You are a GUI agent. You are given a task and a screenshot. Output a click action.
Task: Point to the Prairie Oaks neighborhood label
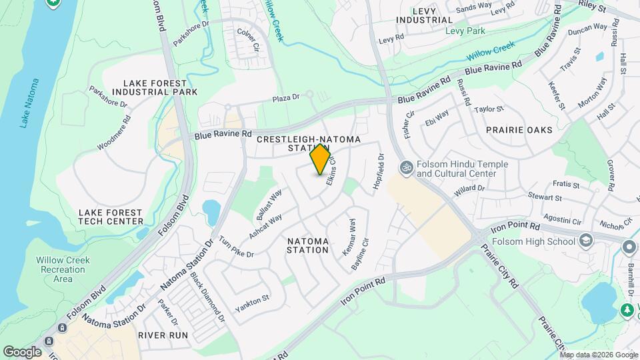tap(519, 130)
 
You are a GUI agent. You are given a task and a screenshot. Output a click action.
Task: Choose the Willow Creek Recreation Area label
tap(63, 269)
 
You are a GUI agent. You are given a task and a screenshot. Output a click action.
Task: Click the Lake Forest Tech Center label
tap(111, 216)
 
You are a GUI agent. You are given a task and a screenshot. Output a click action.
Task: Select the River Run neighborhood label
tap(163, 335)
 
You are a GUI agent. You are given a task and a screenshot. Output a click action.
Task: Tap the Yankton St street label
tap(251, 303)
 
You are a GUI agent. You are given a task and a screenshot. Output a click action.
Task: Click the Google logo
tap(22, 351)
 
